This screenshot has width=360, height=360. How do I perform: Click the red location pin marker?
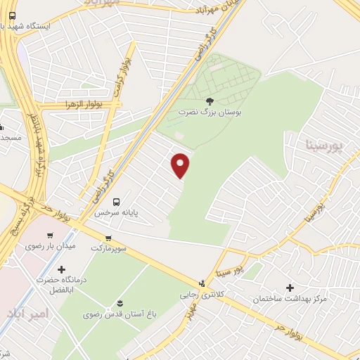181,165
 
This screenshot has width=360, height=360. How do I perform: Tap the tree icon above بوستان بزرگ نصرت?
210,101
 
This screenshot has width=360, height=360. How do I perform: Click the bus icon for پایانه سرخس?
116,200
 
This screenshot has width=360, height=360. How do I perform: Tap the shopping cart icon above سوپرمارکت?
108,238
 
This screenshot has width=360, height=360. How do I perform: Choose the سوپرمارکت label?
107,248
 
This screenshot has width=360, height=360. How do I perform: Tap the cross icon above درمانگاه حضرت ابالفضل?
62,269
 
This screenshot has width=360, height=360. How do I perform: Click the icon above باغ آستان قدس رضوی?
120,304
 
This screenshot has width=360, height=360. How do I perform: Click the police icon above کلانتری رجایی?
202,283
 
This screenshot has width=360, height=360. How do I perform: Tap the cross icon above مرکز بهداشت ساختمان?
290,288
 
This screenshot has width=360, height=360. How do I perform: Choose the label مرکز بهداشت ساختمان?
290,299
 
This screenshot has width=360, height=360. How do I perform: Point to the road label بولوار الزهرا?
98,103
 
